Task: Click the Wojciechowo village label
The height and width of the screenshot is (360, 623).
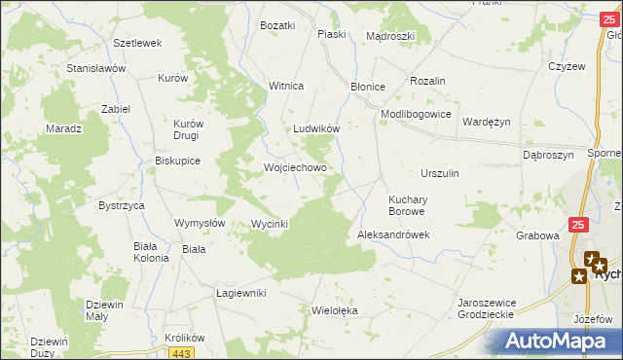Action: point(295,167)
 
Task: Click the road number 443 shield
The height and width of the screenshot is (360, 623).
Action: point(186,353)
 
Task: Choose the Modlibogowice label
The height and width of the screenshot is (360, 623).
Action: point(416,114)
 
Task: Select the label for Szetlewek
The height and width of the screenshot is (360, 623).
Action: point(137,44)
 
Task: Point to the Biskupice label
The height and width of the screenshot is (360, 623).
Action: point(178,162)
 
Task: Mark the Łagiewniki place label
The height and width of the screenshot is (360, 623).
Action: point(240,293)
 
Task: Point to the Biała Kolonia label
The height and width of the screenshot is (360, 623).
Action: point(151,252)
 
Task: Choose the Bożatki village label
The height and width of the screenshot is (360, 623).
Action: point(277,25)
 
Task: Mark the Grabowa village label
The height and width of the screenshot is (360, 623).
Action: point(537,235)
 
